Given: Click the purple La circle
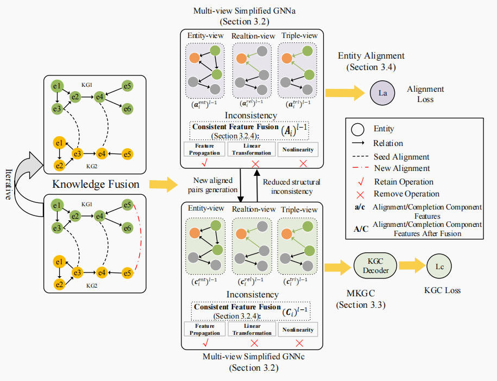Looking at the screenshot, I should pos(382,93).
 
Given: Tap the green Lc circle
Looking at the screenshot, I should pos(439,267).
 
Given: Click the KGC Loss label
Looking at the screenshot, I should pos(442,290).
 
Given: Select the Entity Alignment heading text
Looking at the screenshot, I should pos(372,56).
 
